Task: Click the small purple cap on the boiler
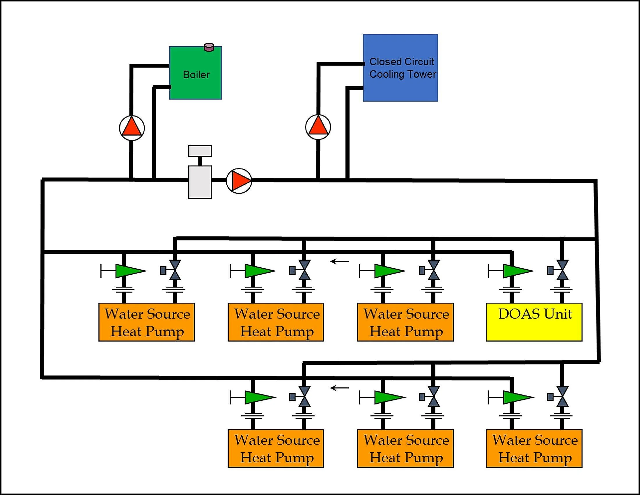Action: [x=209, y=47]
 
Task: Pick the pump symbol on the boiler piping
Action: [x=132, y=128]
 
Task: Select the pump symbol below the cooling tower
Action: [x=318, y=127]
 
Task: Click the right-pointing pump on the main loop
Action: [x=239, y=181]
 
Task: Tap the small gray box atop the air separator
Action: [x=200, y=151]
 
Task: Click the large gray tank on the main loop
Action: [x=200, y=182]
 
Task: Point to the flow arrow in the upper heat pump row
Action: [x=340, y=261]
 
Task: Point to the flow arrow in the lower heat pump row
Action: [x=340, y=388]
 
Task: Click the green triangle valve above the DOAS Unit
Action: [x=517, y=271]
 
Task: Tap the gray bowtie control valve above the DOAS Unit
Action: [x=562, y=270]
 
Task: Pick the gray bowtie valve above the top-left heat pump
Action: [x=175, y=270]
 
